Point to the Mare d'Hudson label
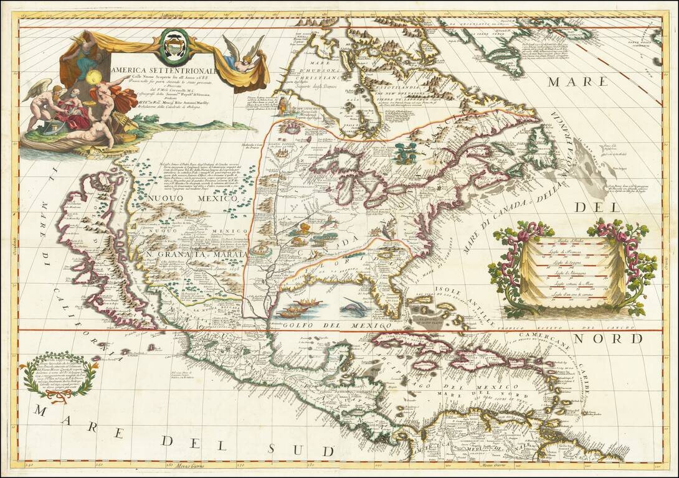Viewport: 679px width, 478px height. (316, 62)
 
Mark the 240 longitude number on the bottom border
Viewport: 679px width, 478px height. (28, 463)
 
